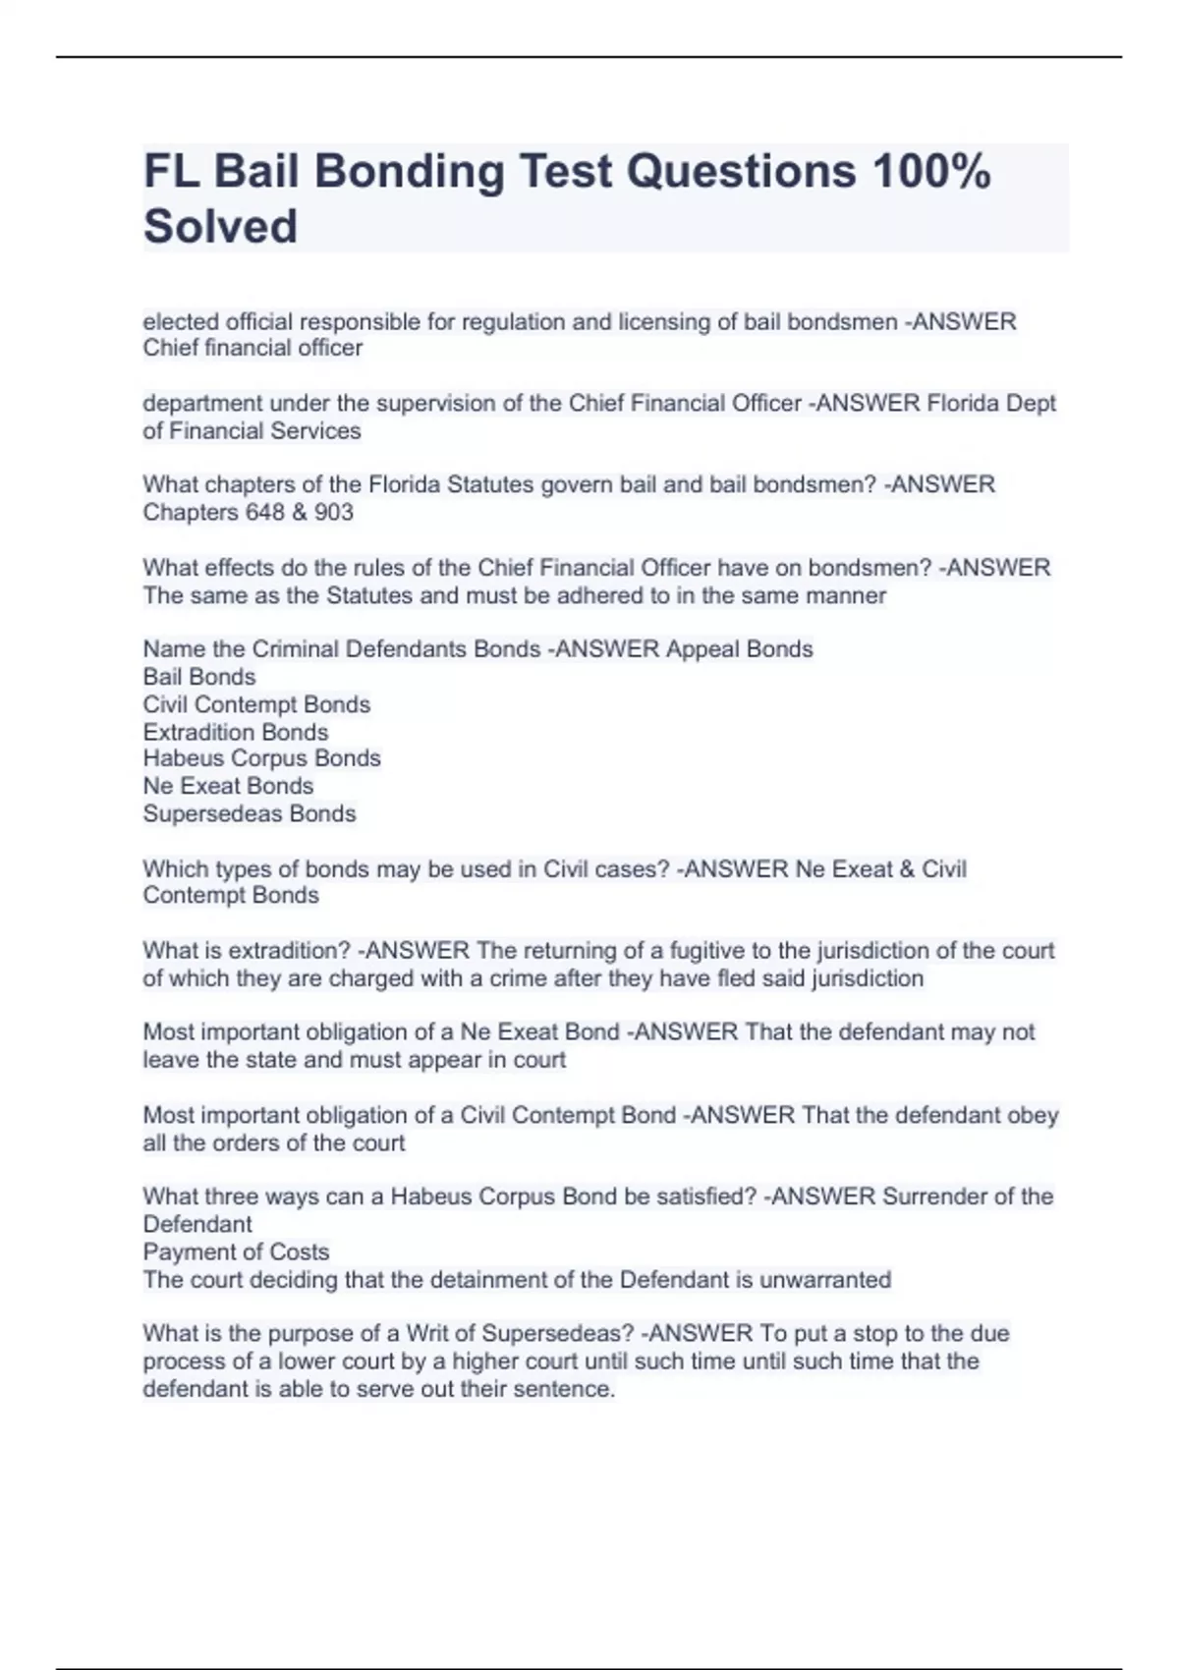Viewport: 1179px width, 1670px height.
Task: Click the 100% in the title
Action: pos(930,171)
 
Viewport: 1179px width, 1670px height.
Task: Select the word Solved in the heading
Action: pos(220,226)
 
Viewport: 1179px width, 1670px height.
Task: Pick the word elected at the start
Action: pos(181,322)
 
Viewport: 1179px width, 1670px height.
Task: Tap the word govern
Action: pos(574,485)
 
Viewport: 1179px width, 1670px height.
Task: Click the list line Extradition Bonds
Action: pos(236,732)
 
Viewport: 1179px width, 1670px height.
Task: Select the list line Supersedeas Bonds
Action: pos(250,814)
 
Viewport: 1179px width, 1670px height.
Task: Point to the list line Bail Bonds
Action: pos(199,677)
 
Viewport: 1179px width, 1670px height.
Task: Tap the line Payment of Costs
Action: pos(236,1252)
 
